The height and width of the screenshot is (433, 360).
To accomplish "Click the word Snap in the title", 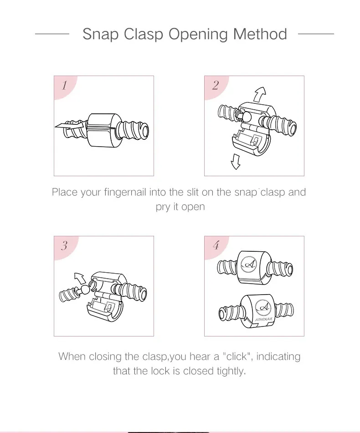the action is pos(100,34).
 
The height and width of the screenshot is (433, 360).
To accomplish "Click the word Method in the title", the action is pos(260,34).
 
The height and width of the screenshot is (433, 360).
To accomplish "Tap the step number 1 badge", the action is pos(64,86).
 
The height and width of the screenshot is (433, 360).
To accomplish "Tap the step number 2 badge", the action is pos(215,85).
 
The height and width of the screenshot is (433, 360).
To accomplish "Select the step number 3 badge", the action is pos(64,245).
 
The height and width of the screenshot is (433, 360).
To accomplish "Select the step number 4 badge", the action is pos(216,245).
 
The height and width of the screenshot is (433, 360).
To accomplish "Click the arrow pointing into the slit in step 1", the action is pos(70,126).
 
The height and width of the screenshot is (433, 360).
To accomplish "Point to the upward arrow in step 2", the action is pos(260,94).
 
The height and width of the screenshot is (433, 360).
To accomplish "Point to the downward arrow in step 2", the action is pos(236,161).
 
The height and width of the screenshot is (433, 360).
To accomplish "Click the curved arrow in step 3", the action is pos(81,278).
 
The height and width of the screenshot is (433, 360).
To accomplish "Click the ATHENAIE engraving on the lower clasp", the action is pos(263,319).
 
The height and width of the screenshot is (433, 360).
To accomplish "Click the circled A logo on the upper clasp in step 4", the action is pos(249,264).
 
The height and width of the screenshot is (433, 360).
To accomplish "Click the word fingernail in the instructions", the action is pos(125,192).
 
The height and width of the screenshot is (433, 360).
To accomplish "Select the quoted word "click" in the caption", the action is pos(237,356).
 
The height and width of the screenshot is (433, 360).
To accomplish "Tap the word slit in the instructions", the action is pos(193,192).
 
